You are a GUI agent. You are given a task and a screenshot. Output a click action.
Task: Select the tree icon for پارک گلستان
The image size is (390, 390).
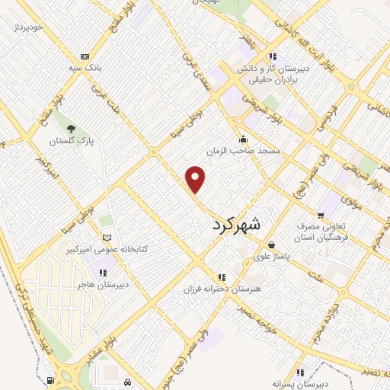(71, 128)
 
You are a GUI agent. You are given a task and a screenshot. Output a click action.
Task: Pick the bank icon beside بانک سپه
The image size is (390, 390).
(84, 56)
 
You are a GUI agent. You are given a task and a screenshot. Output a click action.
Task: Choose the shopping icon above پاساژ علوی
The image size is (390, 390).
(272, 245)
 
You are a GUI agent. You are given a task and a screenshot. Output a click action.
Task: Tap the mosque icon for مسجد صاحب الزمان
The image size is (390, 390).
(243, 139)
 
